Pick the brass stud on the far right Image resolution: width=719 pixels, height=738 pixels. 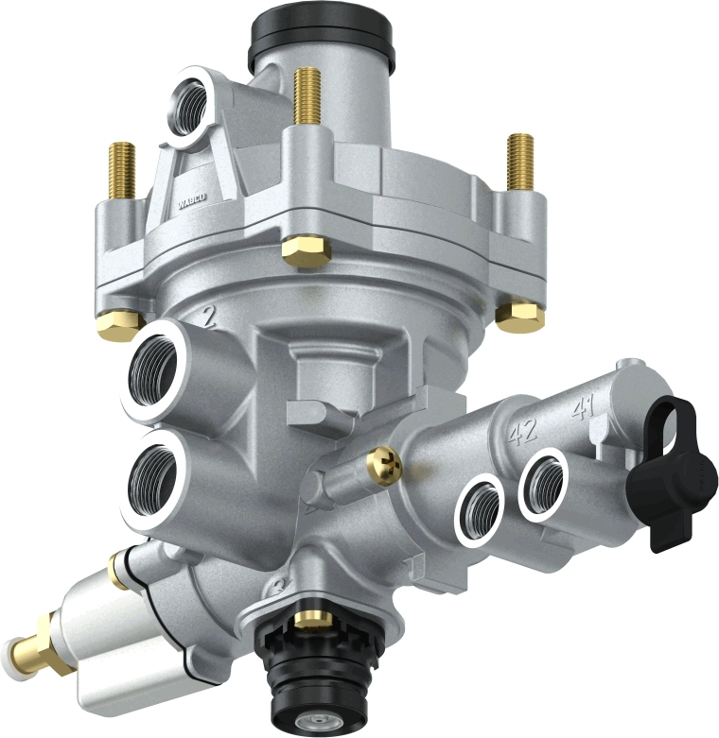pyautogui.click(x=520, y=161)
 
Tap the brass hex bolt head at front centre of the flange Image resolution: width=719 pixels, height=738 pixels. pyautogui.click(x=305, y=249)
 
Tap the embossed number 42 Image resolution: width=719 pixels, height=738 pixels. pyautogui.click(x=522, y=432)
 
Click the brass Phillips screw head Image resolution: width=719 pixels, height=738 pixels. pyautogui.click(x=384, y=463)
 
